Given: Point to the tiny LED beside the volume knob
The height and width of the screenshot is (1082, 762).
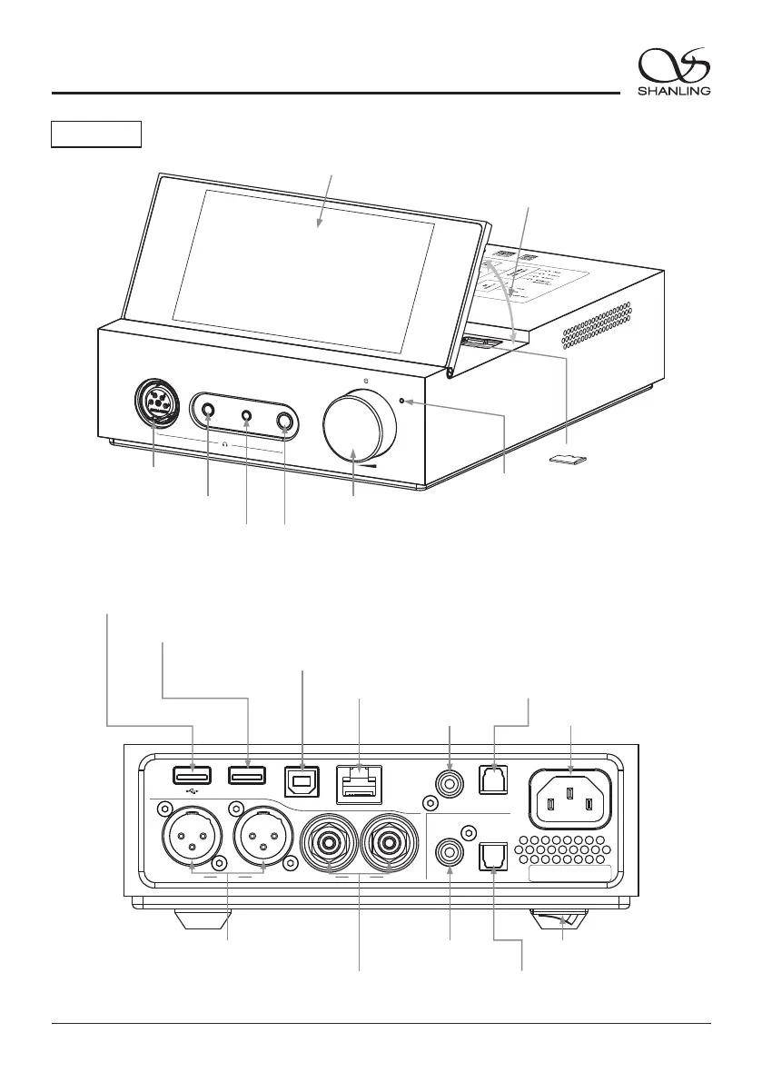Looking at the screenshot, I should [x=401, y=401].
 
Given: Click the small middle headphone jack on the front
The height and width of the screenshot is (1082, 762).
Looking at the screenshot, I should [x=247, y=416].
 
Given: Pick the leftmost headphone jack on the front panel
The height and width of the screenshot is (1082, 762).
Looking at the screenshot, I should [x=209, y=411].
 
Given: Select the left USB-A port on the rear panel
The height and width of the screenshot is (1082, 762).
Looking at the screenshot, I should [x=193, y=775].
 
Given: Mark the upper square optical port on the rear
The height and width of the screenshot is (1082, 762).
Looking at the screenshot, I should [x=491, y=779].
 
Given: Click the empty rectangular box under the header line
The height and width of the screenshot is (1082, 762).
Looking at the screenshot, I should [x=95, y=134].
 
